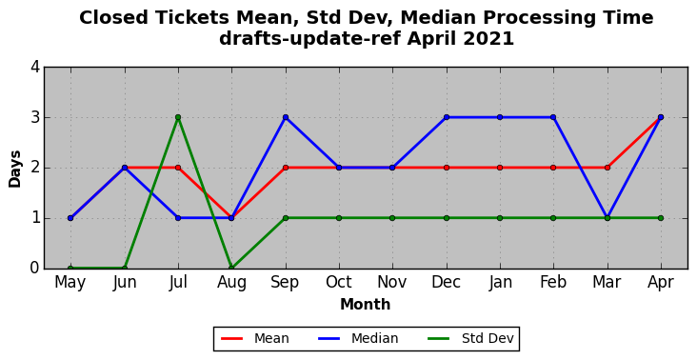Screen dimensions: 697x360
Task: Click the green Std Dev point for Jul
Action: pos(178,117)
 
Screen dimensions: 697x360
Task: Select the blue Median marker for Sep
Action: pos(286,117)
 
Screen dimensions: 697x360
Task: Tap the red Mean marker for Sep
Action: pos(286,168)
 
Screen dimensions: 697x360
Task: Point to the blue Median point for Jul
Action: pos(178,218)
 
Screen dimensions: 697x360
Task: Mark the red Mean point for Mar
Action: pos(607,168)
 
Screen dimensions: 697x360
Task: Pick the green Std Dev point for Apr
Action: pos(661,218)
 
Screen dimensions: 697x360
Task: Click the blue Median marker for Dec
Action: pos(447,117)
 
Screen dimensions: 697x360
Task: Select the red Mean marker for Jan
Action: pos(500,168)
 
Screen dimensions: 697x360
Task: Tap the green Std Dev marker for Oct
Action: pos(339,218)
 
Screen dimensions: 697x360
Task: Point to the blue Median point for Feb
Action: pos(553,117)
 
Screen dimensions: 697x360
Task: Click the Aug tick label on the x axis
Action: pos(231,283)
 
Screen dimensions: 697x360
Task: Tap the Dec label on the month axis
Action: pos(446,282)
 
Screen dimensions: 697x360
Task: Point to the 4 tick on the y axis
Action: pos(35,67)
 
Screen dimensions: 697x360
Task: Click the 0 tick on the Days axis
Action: pos(35,268)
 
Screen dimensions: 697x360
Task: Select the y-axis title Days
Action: pos(14,169)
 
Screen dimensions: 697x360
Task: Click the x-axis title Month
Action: pos(366,305)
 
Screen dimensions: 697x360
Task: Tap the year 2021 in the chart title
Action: pos(488,39)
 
